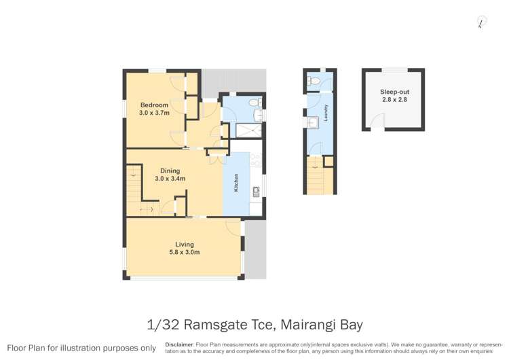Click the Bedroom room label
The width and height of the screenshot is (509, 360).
pyautogui.click(x=154, y=105)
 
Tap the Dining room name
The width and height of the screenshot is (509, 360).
pyautogui.click(x=170, y=170)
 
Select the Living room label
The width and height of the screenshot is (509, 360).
pyautogui.click(x=184, y=245)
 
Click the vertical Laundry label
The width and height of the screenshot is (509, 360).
pyautogui.click(x=326, y=112)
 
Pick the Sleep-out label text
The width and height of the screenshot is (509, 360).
pyautogui.click(x=394, y=91)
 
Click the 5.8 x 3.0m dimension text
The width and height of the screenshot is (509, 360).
pyautogui.click(x=184, y=253)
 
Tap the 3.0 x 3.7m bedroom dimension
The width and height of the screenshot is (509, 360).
pyautogui.click(x=154, y=113)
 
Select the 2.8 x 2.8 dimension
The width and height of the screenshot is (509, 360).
pyautogui.click(x=394, y=100)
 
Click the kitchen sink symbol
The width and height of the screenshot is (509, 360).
pyautogui.click(x=256, y=192)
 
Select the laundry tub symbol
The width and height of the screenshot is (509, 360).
pyautogui.click(x=314, y=122)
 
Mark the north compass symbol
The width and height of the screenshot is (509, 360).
pyautogui.click(x=481, y=22)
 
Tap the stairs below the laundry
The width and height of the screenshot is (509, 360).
pyautogui.click(x=315, y=179)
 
